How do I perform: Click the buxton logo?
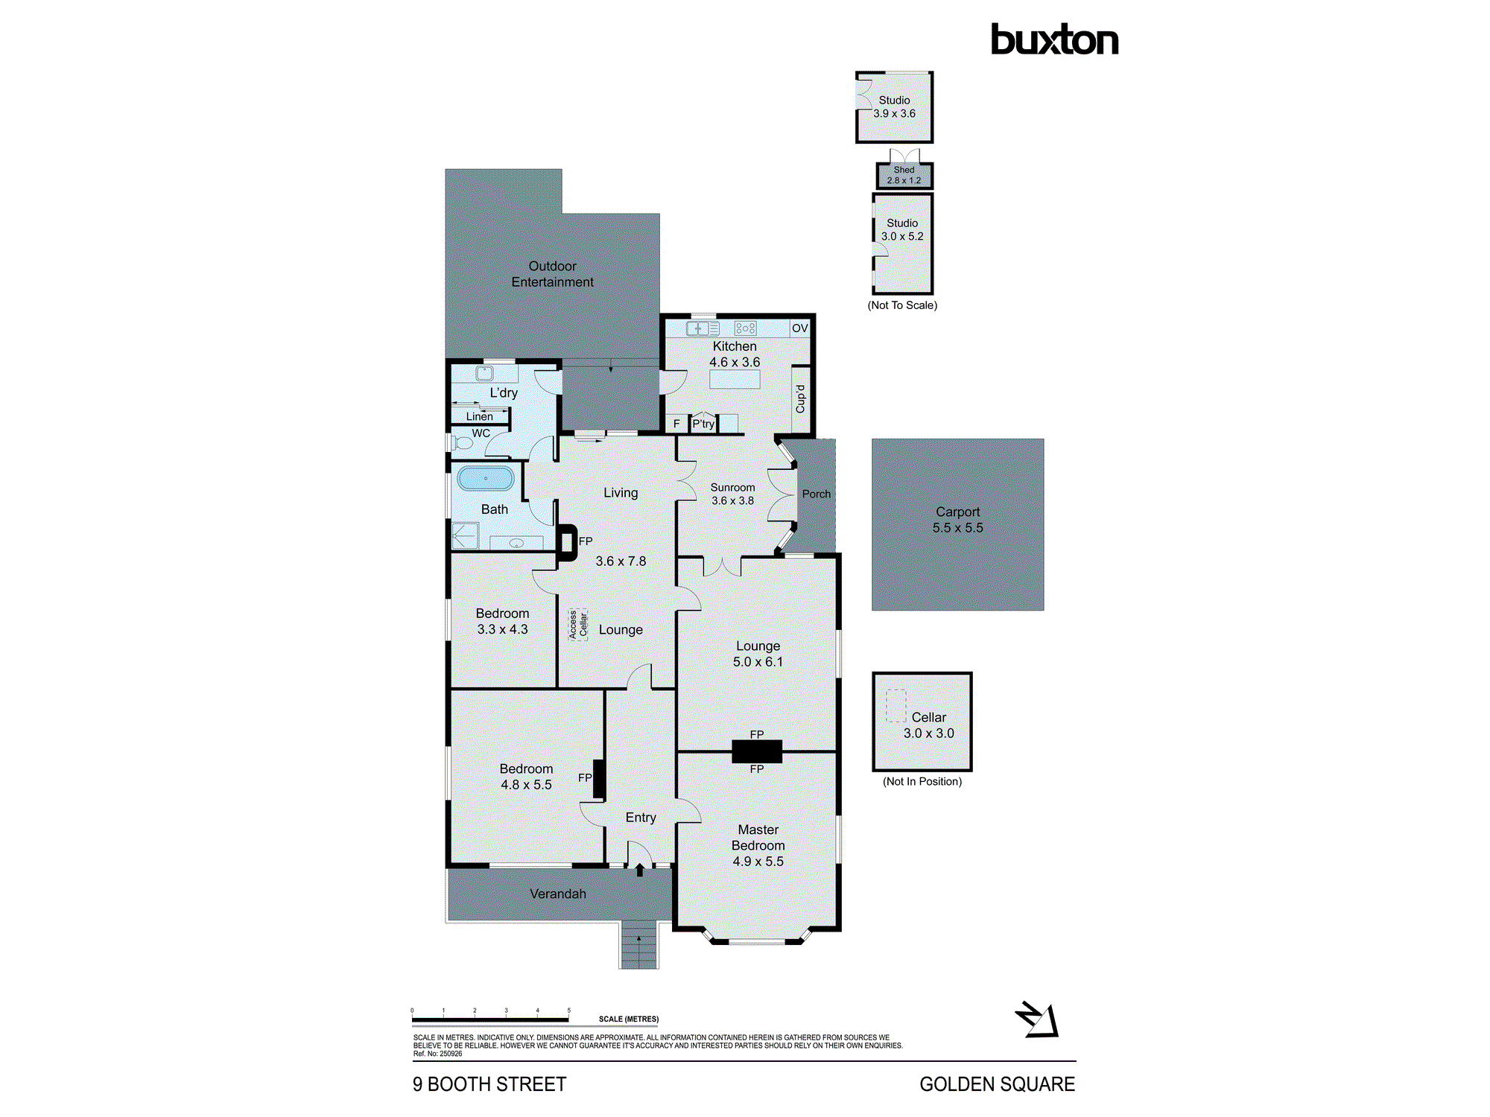(1053, 40)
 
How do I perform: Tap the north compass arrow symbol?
(1037, 1019)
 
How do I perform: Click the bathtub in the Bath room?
(485, 478)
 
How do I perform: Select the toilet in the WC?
(463, 443)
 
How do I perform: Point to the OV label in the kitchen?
(799, 328)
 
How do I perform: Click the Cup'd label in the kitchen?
(800, 399)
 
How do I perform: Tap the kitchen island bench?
(734, 379)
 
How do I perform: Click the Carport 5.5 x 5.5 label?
(957, 520)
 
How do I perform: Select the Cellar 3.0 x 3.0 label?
(928, 725)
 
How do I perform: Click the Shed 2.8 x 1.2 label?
(904, 175)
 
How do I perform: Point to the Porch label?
(816, 494)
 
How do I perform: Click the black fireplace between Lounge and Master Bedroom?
(756, 751)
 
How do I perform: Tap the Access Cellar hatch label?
(578, 624)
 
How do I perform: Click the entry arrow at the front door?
(639, 869)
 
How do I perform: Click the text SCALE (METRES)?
(628, 1019)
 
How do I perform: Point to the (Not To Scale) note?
(901, 305)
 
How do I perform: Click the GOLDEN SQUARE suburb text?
(996, 1084)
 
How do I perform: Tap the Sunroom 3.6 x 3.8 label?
(732, 494)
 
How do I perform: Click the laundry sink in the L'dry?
(485, 373)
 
